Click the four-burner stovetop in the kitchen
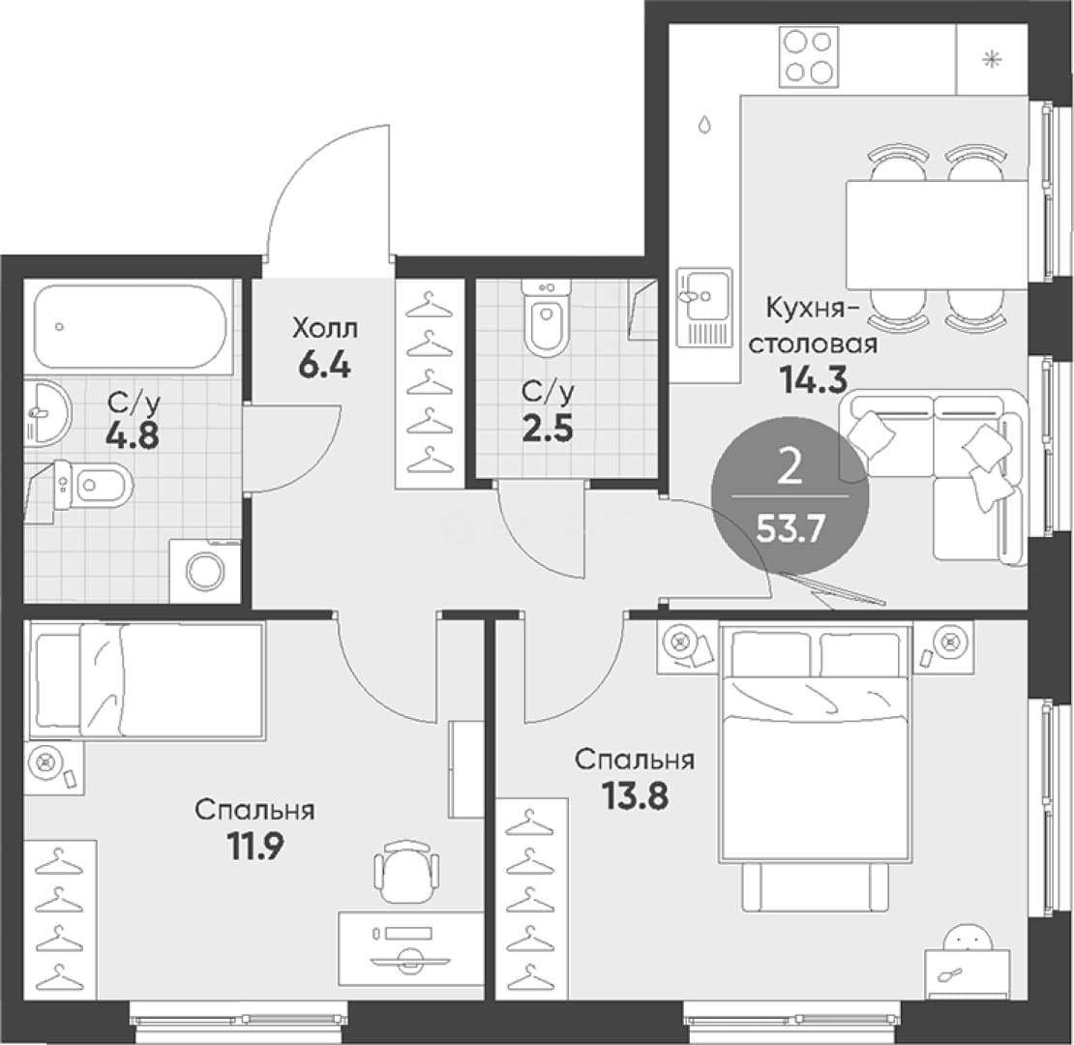click(809, 57)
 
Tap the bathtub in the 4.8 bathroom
click(131, 327)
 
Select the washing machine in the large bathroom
click(205, 571)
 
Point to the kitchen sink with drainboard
click(703, 306)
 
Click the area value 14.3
click(814, 379)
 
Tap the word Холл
click(325, 329)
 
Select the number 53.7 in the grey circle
click(790, 528)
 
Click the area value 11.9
click(254, 848)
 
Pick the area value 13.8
click(635, 796)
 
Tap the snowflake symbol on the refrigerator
click(991, 60)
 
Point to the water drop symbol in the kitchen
click(704, 125)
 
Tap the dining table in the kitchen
click(937, 234)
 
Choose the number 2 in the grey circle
click(790, 470)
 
